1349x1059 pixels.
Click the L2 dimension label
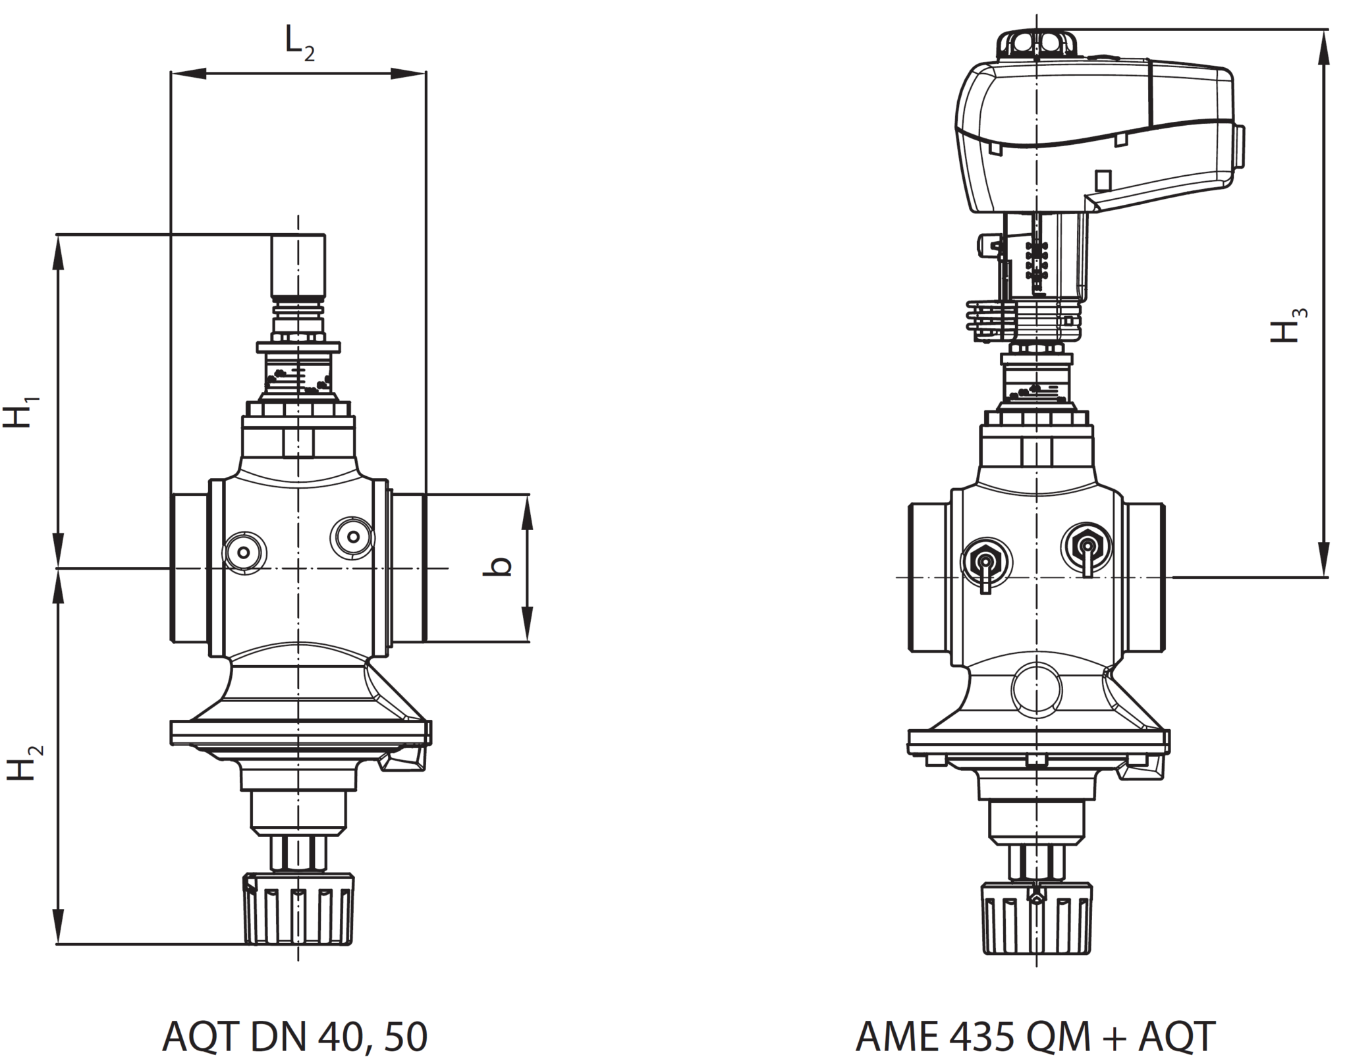coord(300,43)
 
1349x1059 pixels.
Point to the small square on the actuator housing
coord(1103,180)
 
